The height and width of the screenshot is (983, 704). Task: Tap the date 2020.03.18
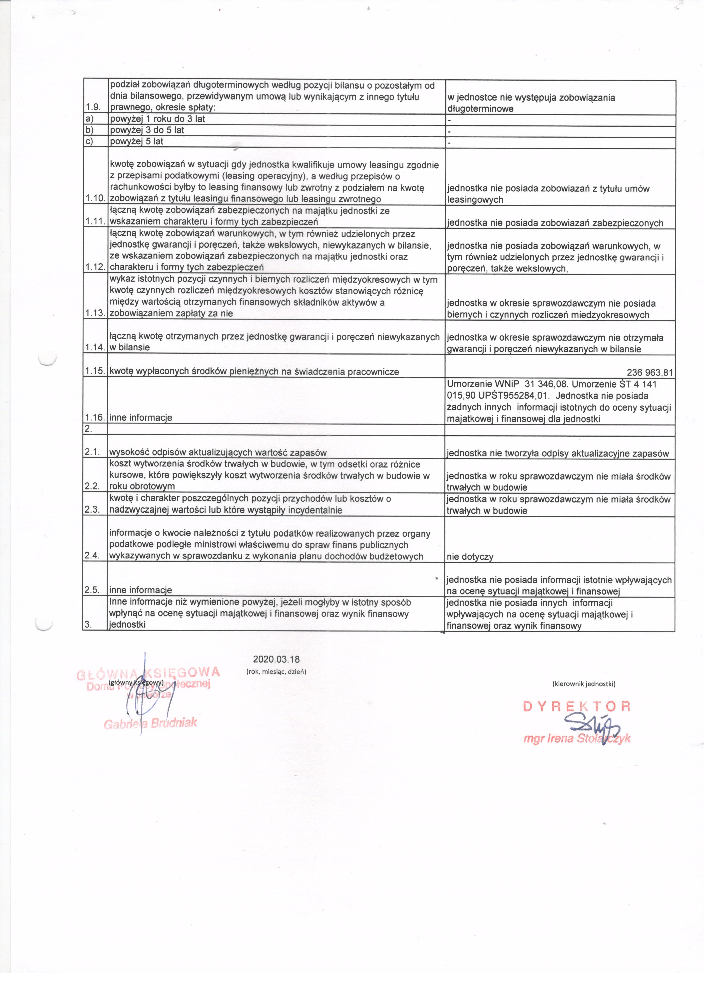point(276,659)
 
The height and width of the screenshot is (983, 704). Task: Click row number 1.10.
point(95,198)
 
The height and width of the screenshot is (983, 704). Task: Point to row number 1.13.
point(95,313)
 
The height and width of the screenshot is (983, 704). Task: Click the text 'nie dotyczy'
point(470,556)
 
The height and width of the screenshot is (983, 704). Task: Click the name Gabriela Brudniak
point(150,723)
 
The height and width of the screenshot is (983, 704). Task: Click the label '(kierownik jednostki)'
point(583,684)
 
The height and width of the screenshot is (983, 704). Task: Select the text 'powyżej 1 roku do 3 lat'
point(157,119)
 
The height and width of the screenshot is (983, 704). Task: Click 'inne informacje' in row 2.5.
point(141,590)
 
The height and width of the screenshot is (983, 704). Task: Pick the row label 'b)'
point(89,130)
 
